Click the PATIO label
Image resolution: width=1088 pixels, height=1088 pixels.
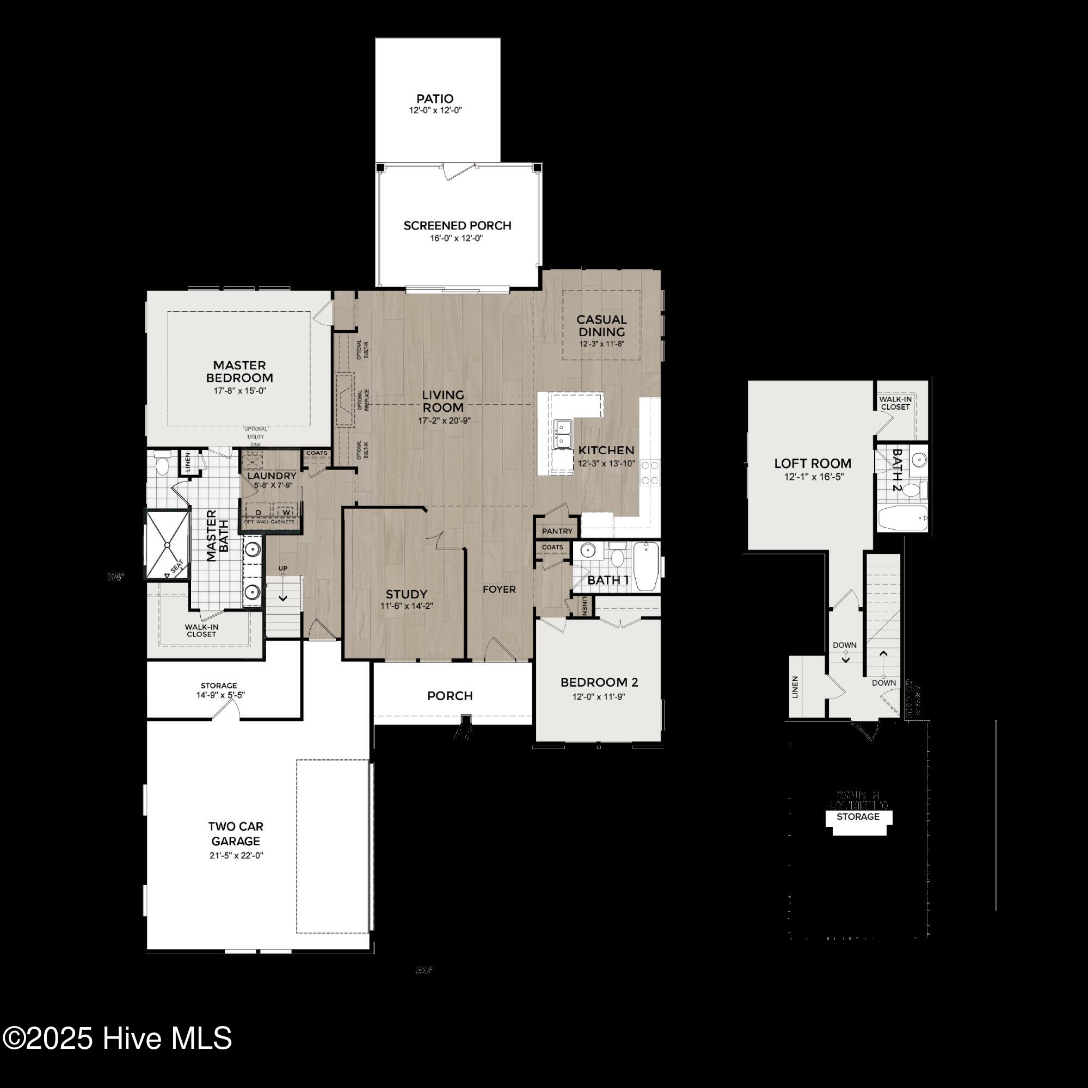pos(434,99)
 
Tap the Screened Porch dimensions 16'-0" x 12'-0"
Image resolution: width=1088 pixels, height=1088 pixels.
pos(457,238)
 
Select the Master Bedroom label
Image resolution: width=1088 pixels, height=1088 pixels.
pos(239,372)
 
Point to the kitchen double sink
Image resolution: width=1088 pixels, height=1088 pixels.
pos(563,434)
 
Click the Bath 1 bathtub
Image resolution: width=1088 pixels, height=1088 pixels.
pos(646,565)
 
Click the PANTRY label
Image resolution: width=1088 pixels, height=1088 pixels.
pos(557,531)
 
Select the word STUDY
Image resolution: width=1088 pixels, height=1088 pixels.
pos(406,594)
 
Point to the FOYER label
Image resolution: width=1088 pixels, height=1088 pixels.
pos(499,589)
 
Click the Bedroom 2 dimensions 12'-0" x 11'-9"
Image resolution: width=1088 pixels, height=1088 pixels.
pos(599,697)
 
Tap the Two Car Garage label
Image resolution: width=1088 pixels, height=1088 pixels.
pos(236,833)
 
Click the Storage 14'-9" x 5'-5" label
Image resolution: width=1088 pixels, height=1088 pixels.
pos(219,690)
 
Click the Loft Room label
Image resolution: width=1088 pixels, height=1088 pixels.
pos(812,463)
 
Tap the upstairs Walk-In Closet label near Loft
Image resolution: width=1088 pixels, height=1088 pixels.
pos(895,403)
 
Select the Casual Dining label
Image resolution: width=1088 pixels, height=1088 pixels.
pos(601,325)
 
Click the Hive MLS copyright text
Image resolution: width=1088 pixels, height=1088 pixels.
pos(117,1038)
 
